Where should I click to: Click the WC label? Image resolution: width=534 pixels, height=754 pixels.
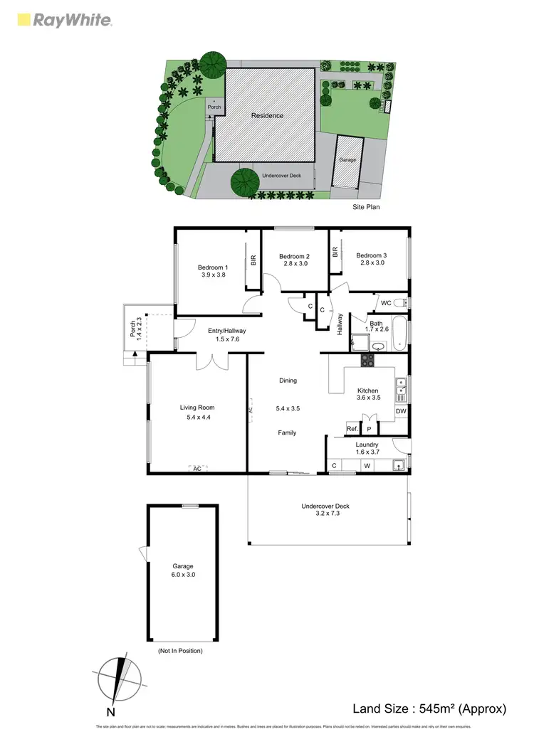pos(386,303)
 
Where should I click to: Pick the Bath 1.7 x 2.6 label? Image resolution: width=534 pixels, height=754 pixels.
pos(375,326)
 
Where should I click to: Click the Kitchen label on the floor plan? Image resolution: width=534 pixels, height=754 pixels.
pos(368,391)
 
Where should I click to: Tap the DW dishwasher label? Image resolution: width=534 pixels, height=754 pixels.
pos(400,411)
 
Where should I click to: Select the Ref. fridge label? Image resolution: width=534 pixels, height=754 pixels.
pos(352,428)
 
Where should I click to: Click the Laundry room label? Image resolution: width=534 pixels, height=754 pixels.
pos(367,445)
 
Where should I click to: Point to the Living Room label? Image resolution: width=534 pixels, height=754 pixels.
pos(197,408)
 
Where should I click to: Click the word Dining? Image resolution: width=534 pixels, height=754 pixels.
pos(288,381)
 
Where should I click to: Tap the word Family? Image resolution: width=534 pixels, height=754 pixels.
pos(287,432)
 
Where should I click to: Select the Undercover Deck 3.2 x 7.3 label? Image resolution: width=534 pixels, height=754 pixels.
pos(325,510)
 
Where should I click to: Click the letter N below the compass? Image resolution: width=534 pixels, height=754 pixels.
pos(110,711)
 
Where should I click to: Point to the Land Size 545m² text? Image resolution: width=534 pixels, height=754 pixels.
pos(429,708)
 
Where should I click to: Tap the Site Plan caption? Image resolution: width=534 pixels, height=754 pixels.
pos(367,207)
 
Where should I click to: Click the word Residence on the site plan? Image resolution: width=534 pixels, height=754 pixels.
pos(267,115)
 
